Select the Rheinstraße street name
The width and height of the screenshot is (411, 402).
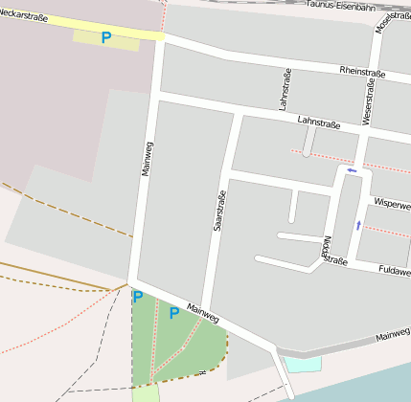tap(362, 72)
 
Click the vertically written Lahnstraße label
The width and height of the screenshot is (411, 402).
tap(285, 89)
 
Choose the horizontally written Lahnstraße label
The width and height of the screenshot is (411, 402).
tap(319, 122)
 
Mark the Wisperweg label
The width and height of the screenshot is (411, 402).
tap(392, 205)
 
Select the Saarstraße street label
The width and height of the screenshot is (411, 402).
tap(219, 211)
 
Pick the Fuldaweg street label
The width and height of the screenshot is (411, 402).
tap(395, 271)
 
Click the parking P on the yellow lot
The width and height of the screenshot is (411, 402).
tap(105, 38)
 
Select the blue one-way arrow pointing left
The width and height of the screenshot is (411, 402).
tap(352, 171)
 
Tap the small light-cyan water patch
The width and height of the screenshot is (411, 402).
tap(303, 363)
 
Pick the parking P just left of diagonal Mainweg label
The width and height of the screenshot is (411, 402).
tap(173, 313)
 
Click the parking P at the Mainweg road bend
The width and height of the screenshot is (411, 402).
tap(137, 297)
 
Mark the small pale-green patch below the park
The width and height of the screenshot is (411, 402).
tap(144, 392)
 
